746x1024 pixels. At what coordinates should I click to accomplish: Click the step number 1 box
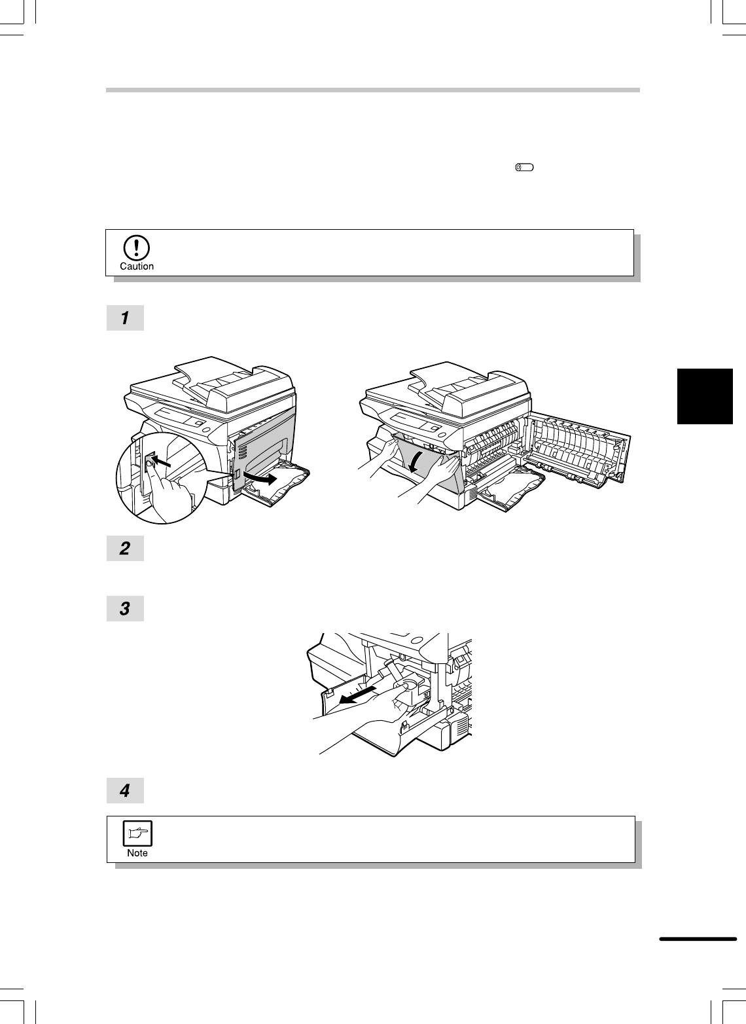tap(125, 318)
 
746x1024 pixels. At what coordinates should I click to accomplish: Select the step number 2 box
tap(125, 548)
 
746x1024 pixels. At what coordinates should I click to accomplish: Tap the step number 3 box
tap(125, 608)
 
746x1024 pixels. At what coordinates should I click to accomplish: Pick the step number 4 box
tap(125, 790)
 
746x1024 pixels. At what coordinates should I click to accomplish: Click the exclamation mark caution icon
tap(136, 247)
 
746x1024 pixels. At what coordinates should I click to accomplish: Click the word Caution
tap(137, 266)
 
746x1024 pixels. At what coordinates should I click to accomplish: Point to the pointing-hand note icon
tap(137, 833)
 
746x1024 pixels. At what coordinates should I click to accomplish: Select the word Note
tap(137, 853)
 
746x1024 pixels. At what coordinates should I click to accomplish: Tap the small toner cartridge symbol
tap(524, 168)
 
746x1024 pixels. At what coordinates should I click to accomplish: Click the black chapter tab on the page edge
tap(705, 396)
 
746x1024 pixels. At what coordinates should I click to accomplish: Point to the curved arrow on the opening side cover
tap(260, 478)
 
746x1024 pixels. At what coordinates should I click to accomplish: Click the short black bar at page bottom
tap(698, 939)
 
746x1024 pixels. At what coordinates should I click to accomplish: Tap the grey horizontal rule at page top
tap(373, 90)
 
